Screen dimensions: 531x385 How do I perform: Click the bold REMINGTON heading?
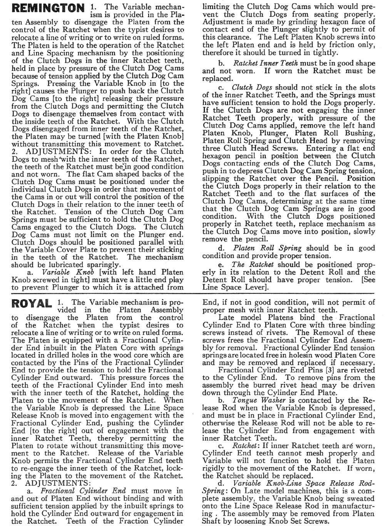(48, 8)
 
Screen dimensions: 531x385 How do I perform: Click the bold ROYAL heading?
(32, 304)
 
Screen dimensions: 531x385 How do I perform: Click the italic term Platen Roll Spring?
(267, 248)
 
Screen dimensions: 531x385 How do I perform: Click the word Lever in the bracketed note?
(251, 288)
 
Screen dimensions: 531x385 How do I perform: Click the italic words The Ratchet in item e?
(253, 265)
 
